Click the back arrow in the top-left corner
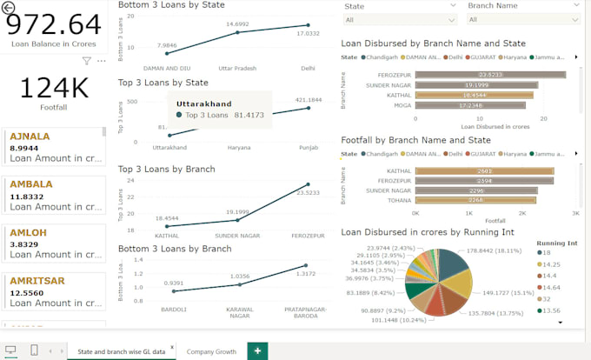[x=9, y=8]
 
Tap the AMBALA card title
[x=31, y=184]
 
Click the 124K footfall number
[x=54, y=89]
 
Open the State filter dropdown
[x=400, y=19]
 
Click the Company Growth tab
[x=211, y=351]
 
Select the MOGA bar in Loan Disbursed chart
[x=470, y=105]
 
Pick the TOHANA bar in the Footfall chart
[x=484, y=200]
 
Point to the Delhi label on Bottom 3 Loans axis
[x=308, y=67]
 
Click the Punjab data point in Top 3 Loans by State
[x=308, y=108]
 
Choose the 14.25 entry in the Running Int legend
[x=551, y=263]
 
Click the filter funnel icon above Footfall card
[x=86, y=61]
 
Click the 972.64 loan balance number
[x=54, y=24]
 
